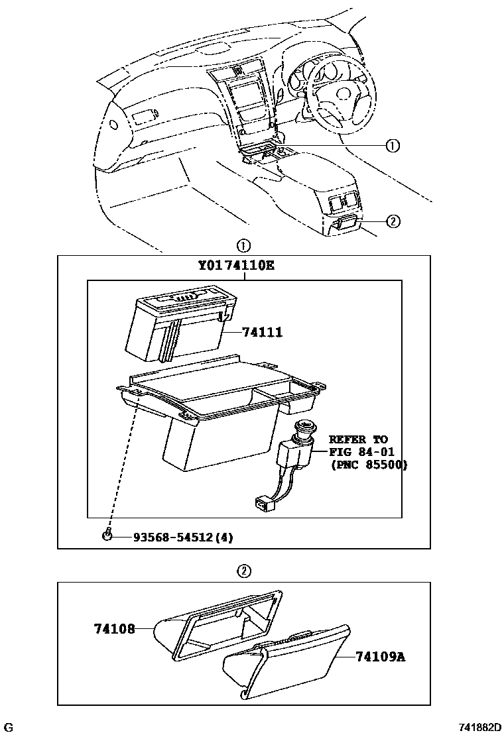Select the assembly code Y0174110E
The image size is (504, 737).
point(236,267)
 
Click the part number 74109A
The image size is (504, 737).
point(380,657)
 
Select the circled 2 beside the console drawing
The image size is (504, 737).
point(392,222)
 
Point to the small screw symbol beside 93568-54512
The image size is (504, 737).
point(107,536)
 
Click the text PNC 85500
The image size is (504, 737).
point(369,465)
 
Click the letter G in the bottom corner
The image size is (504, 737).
point(10,728)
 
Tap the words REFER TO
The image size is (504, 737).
point(358,439)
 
